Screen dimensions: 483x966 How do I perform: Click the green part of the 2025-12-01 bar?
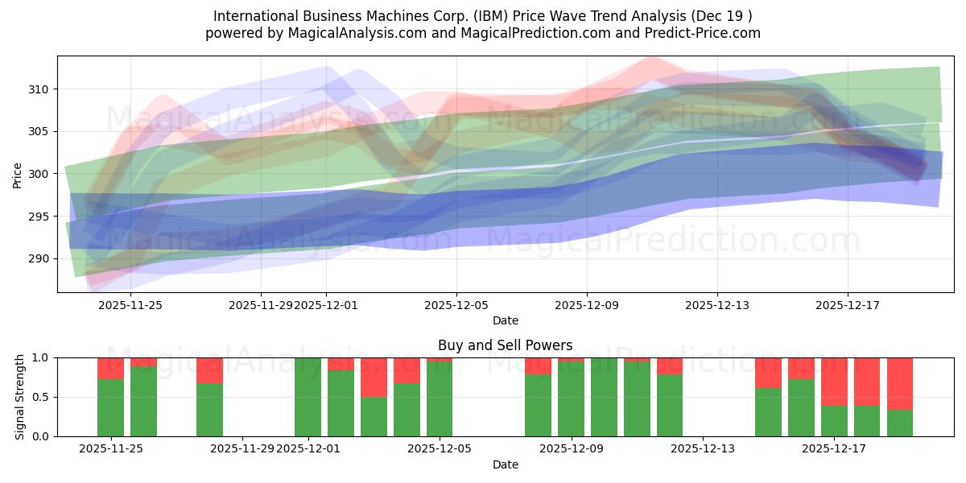pos(308,397)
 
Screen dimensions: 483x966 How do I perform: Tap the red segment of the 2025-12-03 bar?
pos(374,377)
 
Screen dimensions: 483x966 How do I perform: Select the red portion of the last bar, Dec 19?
pos(899,383)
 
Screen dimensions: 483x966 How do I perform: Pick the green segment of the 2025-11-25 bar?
pos(110,407)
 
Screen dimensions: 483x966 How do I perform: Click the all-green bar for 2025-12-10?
pos(604,397)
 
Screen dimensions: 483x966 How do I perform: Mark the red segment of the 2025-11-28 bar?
pos(209,370)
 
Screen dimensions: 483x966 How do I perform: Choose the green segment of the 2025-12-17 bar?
pos(834,421)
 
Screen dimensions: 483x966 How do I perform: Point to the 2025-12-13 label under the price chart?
pos(716,305)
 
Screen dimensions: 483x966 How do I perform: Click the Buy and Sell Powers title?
pos(505,345)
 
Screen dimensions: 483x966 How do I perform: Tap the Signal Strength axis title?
pos(20,397)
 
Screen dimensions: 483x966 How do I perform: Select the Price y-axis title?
pos(18,174)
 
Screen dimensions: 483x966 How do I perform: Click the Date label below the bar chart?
pos(505,464)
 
